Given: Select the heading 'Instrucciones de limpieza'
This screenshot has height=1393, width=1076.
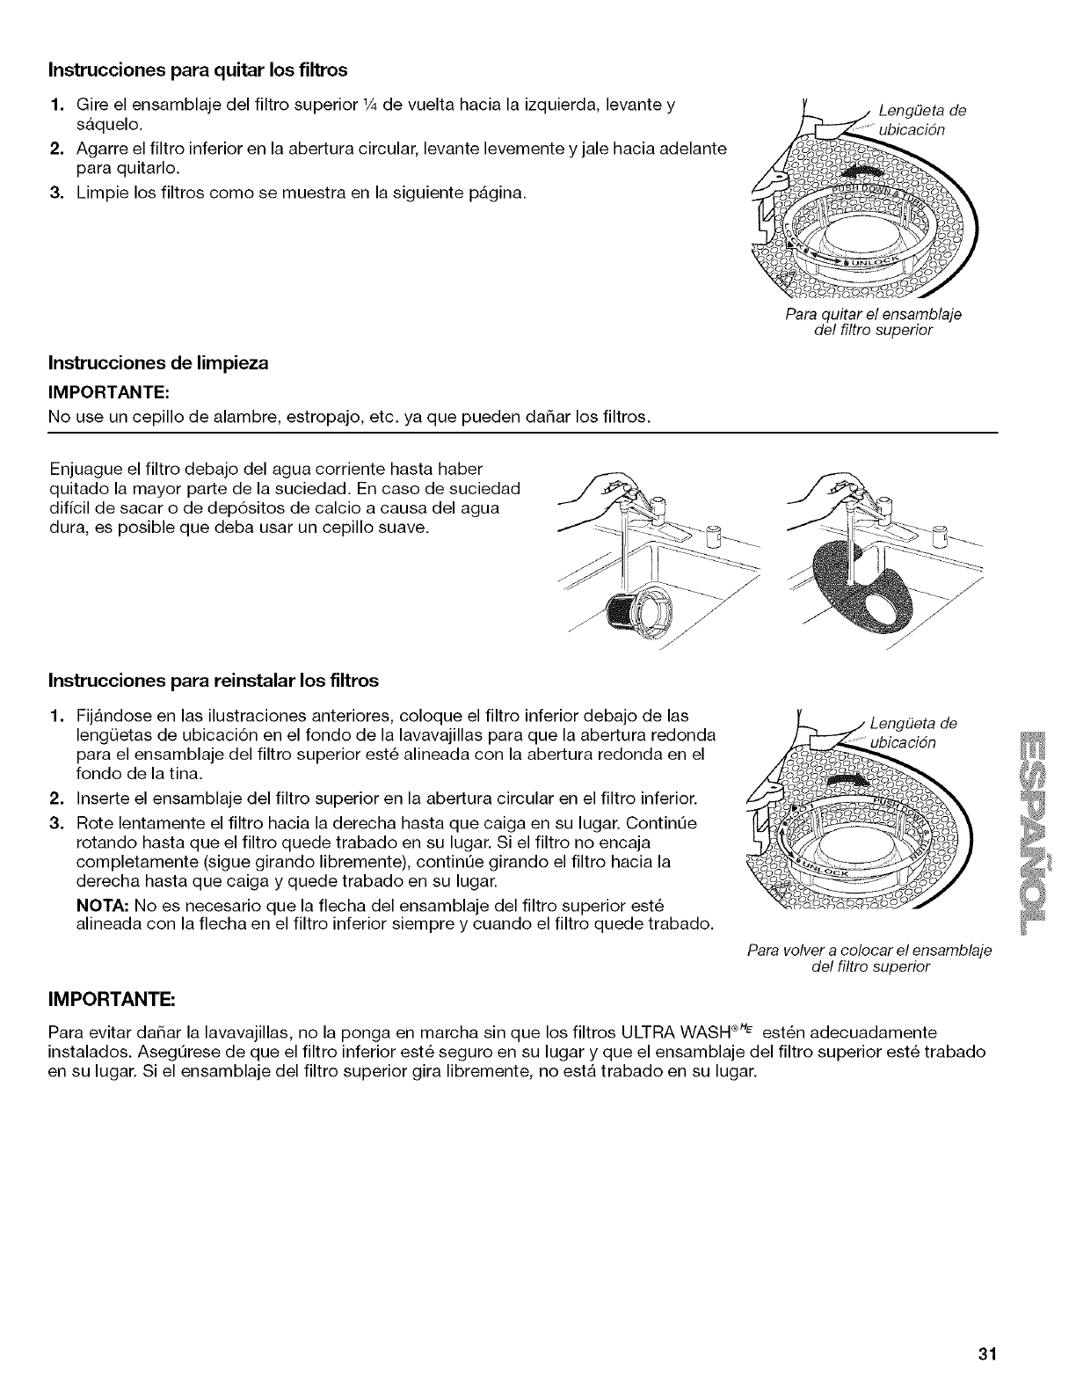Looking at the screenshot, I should point(157,362).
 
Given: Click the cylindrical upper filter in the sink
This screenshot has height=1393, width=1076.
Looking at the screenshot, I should point(636,606).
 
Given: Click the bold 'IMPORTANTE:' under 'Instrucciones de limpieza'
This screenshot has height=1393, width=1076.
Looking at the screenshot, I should point(93,389).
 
